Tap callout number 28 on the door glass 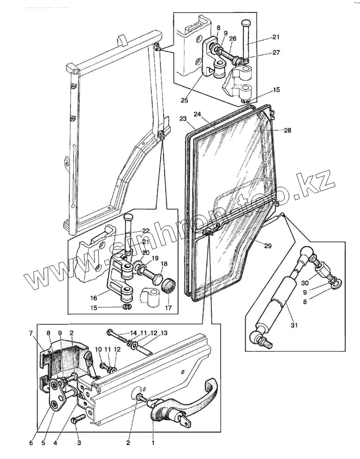pos(287,130)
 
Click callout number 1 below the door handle pos(153,443)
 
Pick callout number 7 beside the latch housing pos(31,333)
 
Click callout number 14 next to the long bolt pos(133,332)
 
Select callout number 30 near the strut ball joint pos(304,283)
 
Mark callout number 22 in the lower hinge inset pos(146,231)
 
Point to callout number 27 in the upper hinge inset pos(276,52)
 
